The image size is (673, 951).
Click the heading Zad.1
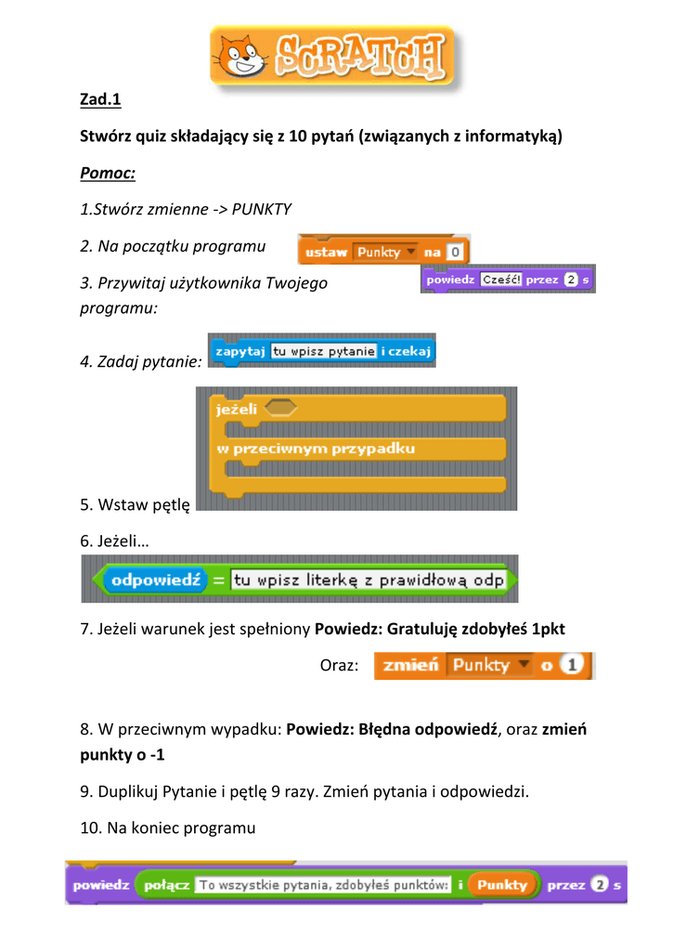click(101, 98)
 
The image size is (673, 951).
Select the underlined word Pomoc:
click(108, 173)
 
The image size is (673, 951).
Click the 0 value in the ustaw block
click(454, 252)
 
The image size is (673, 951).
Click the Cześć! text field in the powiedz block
click(501, 279)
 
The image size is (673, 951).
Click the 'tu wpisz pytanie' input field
click(323, 351)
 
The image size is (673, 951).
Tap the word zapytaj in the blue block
click(239, 351)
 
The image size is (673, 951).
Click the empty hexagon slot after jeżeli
click(280, 408)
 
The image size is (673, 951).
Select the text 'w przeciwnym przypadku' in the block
click(316, 448)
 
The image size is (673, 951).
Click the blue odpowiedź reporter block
click(154, 580)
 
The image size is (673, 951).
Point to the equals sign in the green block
click(217, 580)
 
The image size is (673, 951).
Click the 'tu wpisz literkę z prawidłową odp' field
click(368, 580)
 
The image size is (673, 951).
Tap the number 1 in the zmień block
click(575, 665)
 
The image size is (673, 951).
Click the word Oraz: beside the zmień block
click(339, 666)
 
